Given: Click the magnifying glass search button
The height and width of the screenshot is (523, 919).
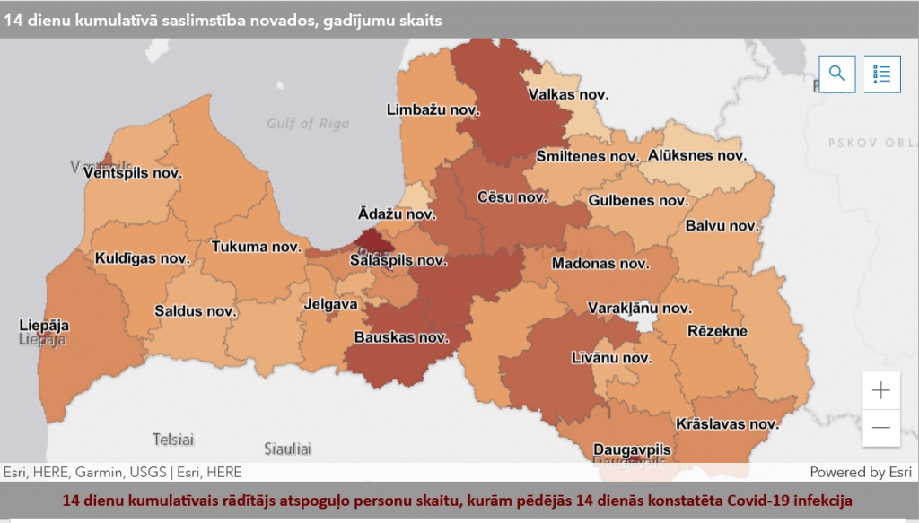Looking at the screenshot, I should pyautogui.click(x=836, y=74).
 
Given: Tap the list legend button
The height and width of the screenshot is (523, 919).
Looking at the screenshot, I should pyautogui.click(x=881, y=74).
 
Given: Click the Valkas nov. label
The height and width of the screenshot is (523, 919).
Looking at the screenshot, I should pyautogui.click(x=568, y=94).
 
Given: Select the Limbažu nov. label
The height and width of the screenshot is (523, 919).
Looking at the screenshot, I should pyautogui.click(x=433, y=110).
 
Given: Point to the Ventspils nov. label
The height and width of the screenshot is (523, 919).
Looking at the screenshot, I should pyautogui.click(x=132, y=173).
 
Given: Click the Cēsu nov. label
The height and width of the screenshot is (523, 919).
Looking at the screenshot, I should pyautogui.click(x=512, y=196).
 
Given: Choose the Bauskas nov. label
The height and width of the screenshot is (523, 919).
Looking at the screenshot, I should pyautogui.click(x=401, y=338).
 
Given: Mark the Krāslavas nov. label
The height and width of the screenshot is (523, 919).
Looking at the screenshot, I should pyautogui.click(x=726, y=423).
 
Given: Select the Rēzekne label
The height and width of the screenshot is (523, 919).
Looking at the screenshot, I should pyautogui.click(x=717, y=331).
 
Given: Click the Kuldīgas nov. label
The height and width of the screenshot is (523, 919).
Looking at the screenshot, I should pyautogui.click(x=142, y=258).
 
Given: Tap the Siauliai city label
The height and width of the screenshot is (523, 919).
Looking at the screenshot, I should pyautogui.click(x=287, y=448).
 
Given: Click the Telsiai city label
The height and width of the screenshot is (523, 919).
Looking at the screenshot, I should pyautogui.click(x=174, y=440).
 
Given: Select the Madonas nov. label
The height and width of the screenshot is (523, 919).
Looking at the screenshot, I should pyautogui.click(x=600, y=264).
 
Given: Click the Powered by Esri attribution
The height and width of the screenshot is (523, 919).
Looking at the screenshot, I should pyautogui.click(x=860, y=472).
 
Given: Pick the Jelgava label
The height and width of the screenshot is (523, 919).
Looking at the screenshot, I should pyautogui.click(x=330, y=304).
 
